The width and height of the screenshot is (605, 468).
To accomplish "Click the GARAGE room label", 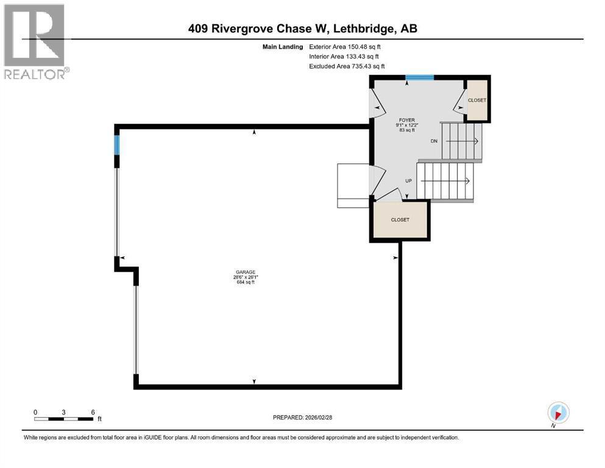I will [246, 272].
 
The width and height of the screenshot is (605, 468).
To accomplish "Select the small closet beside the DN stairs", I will [477, 100].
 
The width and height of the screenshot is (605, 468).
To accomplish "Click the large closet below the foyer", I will [400, 220].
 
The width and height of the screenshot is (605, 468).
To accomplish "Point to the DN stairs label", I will [434, 141].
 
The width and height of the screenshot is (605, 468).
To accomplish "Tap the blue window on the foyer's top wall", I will [420, 77].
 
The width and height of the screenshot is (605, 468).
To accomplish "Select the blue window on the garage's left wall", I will [116, 144].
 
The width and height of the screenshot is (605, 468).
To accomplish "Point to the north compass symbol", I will [558, 413].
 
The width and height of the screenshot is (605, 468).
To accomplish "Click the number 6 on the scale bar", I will [93, 411].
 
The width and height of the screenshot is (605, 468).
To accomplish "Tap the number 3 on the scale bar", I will [64, 411].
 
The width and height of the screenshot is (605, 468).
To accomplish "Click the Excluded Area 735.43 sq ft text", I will [347, 66].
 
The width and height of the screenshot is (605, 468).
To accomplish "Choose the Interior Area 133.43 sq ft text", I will [345, 56].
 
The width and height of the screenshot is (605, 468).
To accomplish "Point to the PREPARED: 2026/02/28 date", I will [303, 417].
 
